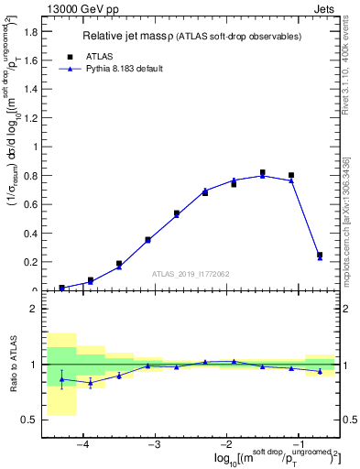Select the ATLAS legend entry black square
pyautogui.click(x=70, y=56)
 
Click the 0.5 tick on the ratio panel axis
pyautogui.click(x=27, y=420)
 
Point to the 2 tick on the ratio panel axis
pyautogui.click(x=32, y=309)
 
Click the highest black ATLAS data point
pyautogui.click(x=262, y=172)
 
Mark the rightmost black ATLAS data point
pyautogui.click(x=320, y=255)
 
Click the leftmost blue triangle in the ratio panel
pyautogui.click(x=61, y=379)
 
